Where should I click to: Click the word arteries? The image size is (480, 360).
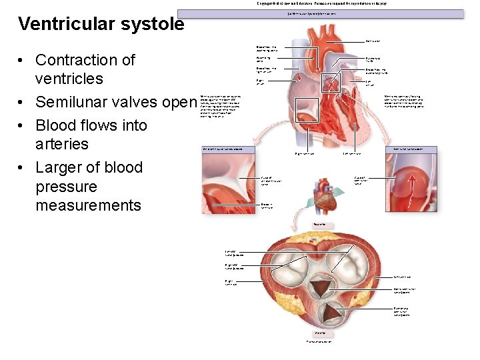point(62,144)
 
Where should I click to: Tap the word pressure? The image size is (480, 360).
point(66,187)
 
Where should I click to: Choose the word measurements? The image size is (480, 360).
point(88,205)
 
